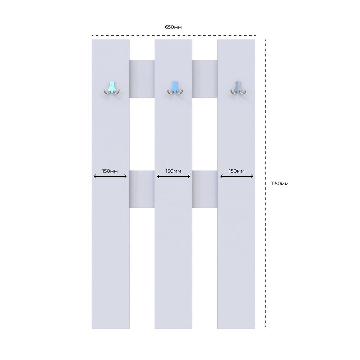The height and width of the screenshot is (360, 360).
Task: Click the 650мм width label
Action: click(173, 27)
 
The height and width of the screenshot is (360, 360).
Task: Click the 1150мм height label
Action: click(280, 184)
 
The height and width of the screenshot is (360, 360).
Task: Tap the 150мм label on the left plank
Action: click(110, 171)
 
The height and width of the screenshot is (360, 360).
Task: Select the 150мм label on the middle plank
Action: click(173, 171)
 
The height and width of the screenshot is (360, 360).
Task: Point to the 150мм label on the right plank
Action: click(237, 171)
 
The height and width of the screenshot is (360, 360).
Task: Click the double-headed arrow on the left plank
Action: click(110, 176)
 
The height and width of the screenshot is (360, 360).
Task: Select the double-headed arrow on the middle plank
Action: click(173, 176)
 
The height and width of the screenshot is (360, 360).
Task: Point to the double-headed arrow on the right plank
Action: click(237, 176)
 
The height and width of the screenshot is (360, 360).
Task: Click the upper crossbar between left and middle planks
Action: click(142, 79)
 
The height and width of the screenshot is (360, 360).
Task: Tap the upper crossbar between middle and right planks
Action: click(205, 79)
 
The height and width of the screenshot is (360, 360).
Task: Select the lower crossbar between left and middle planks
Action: click(142, 189)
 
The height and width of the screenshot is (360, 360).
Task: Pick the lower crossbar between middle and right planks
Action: click(205, 189)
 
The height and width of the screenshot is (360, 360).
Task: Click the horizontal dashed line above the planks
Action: click(174, 35)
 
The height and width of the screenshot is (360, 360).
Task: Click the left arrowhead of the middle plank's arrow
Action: click(158, 176)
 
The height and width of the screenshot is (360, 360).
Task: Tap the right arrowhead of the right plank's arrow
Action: click(252, 176)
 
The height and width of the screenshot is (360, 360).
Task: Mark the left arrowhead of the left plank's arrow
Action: click(94, 176)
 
